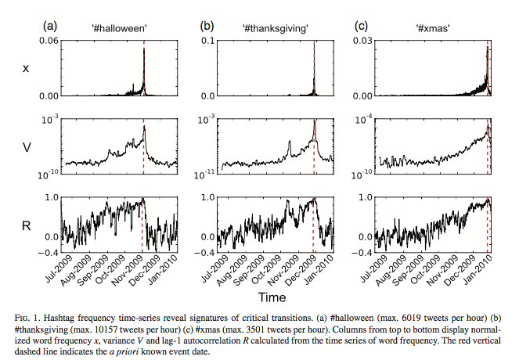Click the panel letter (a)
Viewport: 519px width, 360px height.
49,26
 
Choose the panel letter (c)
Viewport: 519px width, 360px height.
362,26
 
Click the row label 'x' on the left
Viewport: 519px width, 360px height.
27,69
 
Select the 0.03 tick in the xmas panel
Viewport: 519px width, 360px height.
359,41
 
